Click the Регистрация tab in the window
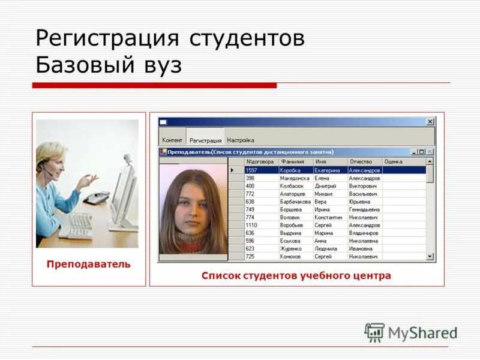pyautogui.click(x=205, y=140)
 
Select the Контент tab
pyautogui.click(x=172, y=140)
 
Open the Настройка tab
pyautogui.click(x=241, y=140)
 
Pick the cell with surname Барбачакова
pyautogui.click(x=295, y=202)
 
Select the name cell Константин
pyautogui.click(x=328, y=217)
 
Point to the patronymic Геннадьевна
pyautogui.click(x=364, y=209)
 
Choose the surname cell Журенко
pyautogui.click(x=291, y=248)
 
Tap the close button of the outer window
pyautogui.click(x=430, y=122)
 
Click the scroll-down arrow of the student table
pyautogui.click(x=430, y=256)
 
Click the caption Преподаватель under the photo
pyautogui.click(x=88, y=265)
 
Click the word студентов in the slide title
pyautogui.click(x=247, y=38)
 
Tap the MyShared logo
pyautogui.click(x=411, y=332)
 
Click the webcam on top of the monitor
pyautogui.click(x=128, y=160)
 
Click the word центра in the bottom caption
pyautogui.click(x=370, y=276)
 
